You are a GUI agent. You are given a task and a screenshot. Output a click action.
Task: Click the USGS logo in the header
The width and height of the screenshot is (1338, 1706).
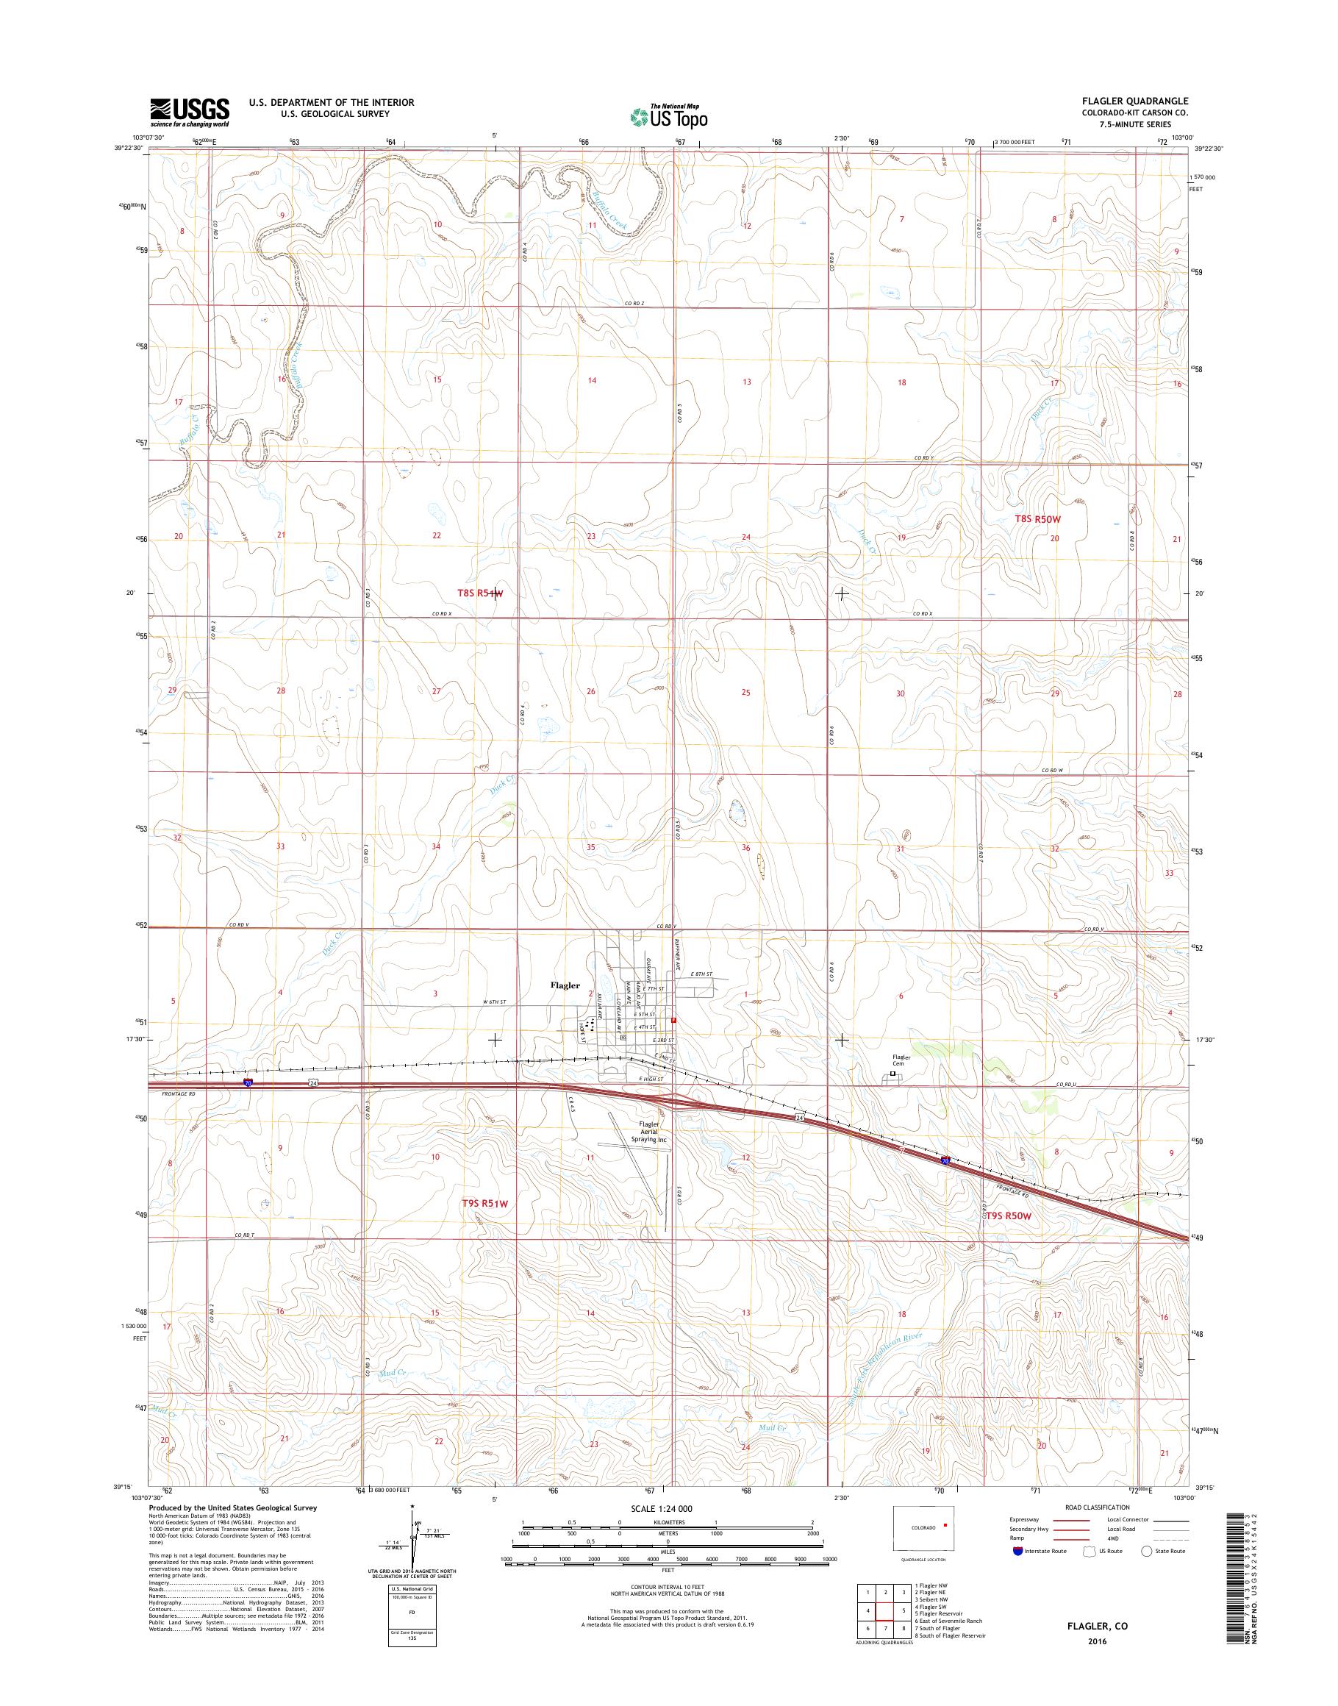(190, 112)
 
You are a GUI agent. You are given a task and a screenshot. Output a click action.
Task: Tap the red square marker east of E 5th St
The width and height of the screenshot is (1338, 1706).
(673, 1021)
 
